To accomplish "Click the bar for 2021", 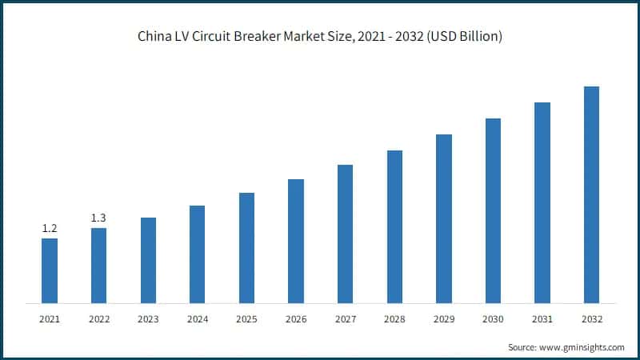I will [x=50, y=270].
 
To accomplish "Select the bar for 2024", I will [x=198, y=254].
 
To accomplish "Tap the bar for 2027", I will [x=345, y=234].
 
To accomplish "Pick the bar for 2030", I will [x=493, y=210].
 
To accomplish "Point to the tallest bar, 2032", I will [x=591, y=194].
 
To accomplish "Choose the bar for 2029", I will [x=444, y=218].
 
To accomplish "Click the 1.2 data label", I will [x=50, y=229].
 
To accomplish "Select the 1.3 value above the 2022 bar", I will [x=98, y=218].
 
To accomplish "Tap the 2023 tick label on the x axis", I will [x=148, y=318].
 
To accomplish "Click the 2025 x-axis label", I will [x=246, y=318].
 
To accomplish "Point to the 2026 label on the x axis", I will [x=296, y=318].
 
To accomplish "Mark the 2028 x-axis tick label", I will [x=394, y=318].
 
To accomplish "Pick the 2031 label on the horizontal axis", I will [x=542, y=318].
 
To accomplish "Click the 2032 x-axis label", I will [x=591, y=318].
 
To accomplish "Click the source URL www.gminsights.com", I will [x=582, y=347].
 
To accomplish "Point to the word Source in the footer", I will [x=522, y=347].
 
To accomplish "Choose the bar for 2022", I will [x=98, y=266].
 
